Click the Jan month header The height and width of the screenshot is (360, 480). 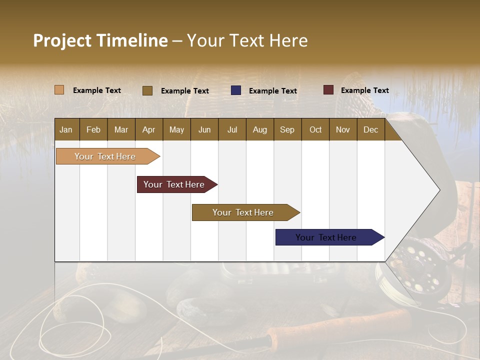pyautogui.click(x=66, y=129)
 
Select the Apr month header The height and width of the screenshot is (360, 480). pyautogui.click(x=149, y=129)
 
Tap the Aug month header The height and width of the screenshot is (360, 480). pyautogui.click(x=259, y=129)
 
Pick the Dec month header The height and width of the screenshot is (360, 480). pyautogui.click(x=370, y=129)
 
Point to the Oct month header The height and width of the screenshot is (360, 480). pyautogui.click(x=315, y=129)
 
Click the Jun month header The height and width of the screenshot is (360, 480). pyautogui.click(x=204, y=129)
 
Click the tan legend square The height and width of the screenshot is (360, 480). pyautogui.click(x=59, y=90)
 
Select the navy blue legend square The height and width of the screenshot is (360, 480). pyautogui.click(x=236, y=90)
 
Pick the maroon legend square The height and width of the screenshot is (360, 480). pyautogui.click(x=328, y=90)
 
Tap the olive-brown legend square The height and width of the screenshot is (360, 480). pyautogui.click(x=147, y=90)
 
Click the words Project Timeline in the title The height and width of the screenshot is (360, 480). pyautogui.click(x=100, y=40)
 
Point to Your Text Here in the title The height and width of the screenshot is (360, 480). pyautogui.click(x=247, y=40)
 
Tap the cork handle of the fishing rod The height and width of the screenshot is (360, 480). pyautogui.click(x=340, y=327)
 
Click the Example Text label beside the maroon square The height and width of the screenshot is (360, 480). pyautogui.click(x=364, y=90)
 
